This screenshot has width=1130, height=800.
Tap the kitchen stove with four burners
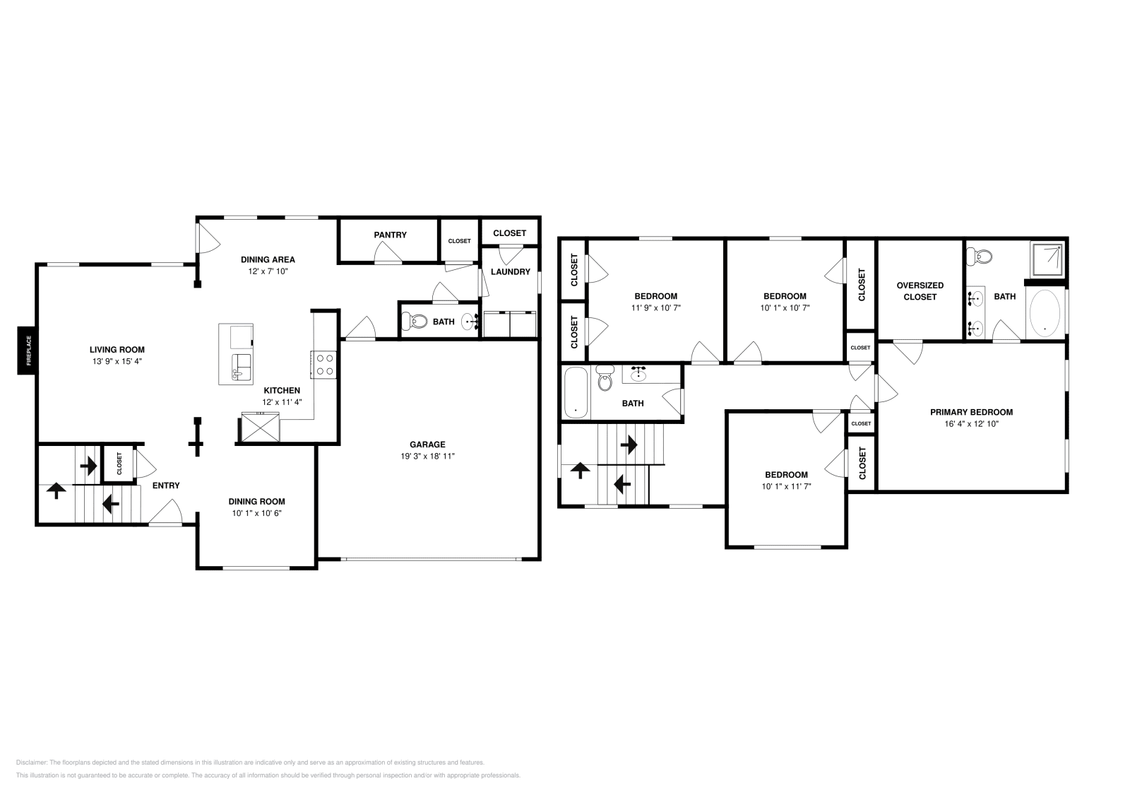tap(324, 365)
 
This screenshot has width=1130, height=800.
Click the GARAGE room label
tap(428, 445)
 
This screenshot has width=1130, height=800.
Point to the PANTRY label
tap(390, 235)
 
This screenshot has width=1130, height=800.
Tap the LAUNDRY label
tap(510, 272)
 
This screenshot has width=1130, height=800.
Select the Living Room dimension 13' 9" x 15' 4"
tap(117, 361)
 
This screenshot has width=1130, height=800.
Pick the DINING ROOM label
tap(256, 502)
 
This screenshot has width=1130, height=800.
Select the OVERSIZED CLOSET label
tap(920, 291)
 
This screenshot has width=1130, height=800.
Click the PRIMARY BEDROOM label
tap(971, 412)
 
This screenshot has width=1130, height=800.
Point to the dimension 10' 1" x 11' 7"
tap(786, 486)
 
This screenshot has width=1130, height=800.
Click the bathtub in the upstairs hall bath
tap(576, 392)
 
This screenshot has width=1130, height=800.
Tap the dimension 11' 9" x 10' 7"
tap(655, 307)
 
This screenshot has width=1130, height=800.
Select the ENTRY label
tap(166, 486)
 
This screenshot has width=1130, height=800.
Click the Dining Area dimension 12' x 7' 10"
tap(268, 271)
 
